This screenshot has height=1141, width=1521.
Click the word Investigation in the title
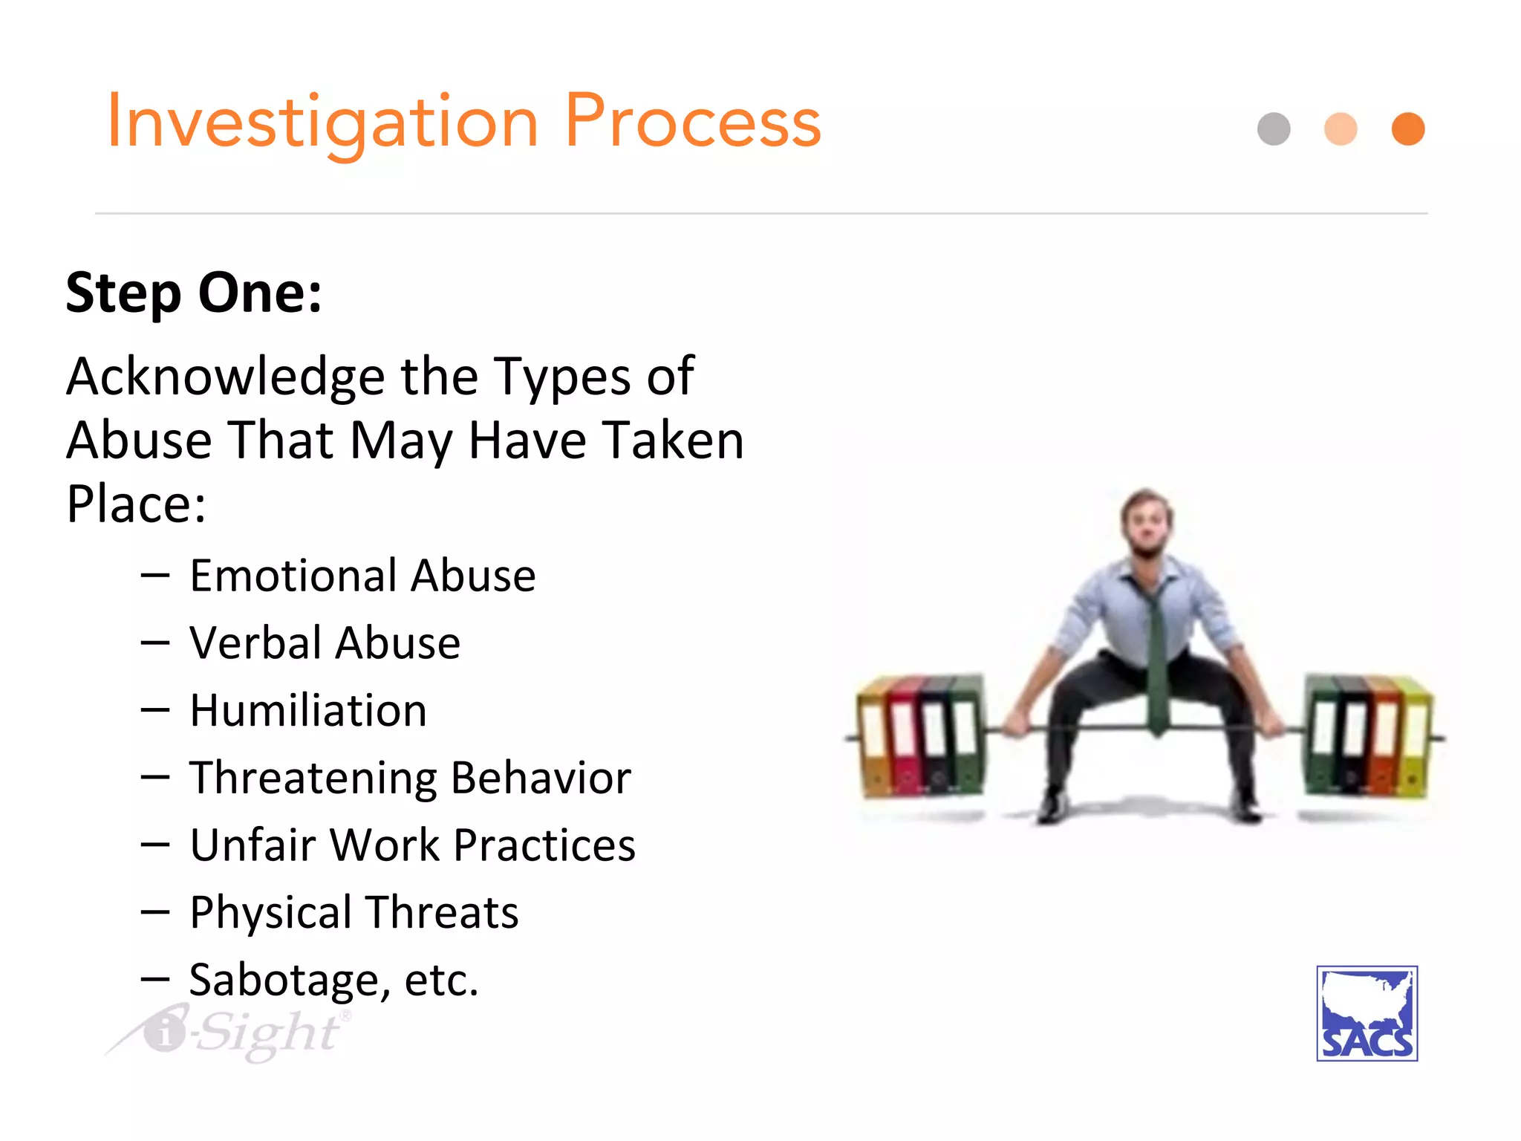323,123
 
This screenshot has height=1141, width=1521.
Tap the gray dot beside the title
1274,129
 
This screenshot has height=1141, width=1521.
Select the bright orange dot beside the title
1407,129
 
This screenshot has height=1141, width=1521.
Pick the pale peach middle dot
1341,129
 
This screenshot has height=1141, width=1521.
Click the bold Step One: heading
194,293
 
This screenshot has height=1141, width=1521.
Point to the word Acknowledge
225,377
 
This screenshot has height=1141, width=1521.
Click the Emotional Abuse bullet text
362,576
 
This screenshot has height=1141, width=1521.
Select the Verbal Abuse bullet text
325,643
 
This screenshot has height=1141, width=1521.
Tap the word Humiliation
308,710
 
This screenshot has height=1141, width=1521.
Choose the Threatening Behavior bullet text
410,778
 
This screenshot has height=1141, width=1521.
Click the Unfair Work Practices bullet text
412,845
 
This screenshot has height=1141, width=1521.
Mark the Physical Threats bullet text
354,912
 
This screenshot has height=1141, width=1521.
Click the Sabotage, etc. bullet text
333,980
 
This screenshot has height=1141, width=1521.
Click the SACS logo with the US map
1367,1013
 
